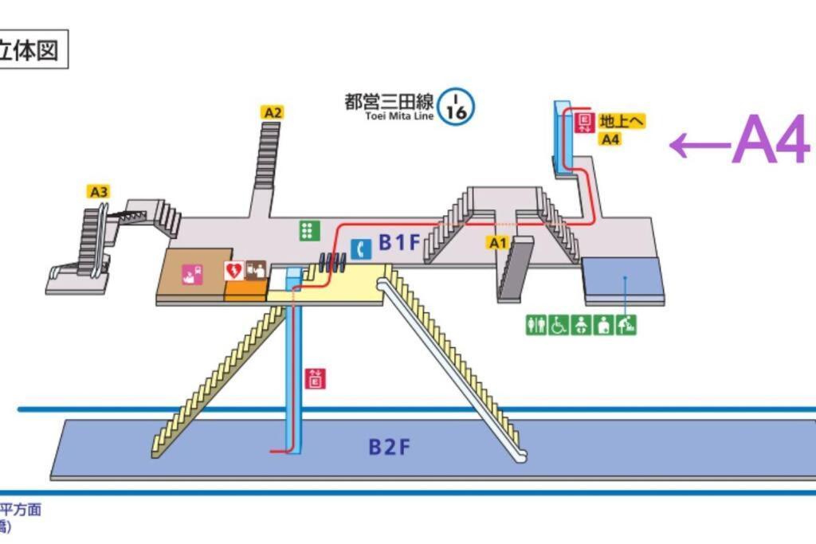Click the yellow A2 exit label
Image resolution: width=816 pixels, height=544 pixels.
click(x=273, y=112)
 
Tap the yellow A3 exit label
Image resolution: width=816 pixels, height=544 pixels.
click(x=98, y=191)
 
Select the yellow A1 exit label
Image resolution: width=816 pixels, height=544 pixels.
click(x=498, y=242)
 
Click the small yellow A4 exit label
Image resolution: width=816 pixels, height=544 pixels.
click(x=610, y=139)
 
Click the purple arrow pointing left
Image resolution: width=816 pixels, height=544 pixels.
click(x=700, y=145)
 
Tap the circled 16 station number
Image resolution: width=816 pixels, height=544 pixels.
click(x=457, y=106)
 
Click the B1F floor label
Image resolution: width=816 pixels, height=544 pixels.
click(x=398, y=243)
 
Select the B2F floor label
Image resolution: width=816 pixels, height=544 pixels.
click(x=389, y=447)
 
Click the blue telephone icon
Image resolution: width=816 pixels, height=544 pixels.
click(x=362, y=249)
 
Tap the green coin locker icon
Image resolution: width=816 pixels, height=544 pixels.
click(x=309, y=231)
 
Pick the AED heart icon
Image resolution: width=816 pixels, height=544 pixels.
click(x=234, y=271)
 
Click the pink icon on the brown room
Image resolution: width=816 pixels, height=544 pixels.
click(x=192, y=275)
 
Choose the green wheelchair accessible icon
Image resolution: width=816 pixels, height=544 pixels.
click(x=559, y=325)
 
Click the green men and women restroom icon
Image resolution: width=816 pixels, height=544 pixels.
click(x=536, y=325)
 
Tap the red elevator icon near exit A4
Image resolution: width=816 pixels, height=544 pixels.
click(x=584, y=122)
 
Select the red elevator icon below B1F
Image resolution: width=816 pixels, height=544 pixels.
click(x=316, y=379)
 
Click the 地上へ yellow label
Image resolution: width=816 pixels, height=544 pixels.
click(x=621, y=121)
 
